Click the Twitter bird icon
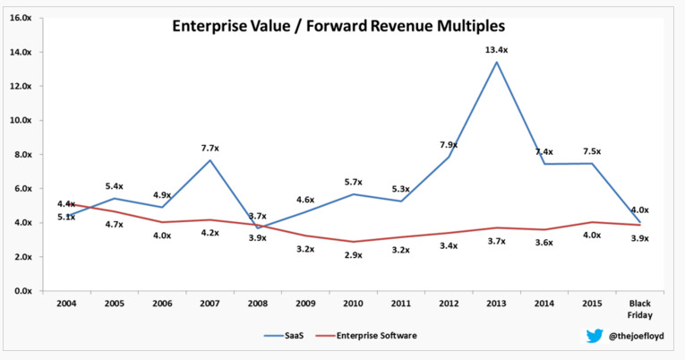pyautogui.click(x=595, y=337)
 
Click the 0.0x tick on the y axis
pyautogui.click(x=19, y=291)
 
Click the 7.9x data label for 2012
pyautogui.click(x=449, y=145)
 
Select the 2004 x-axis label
pyautogui.click(x=64, y=304)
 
